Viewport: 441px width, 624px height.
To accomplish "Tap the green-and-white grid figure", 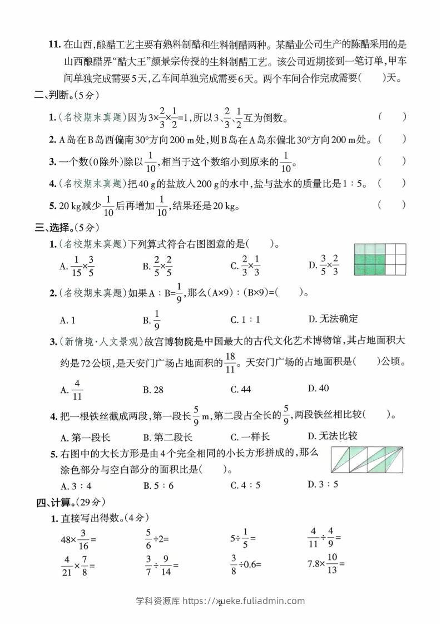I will coord(378,259).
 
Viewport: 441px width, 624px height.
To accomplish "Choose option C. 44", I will coord(240,390).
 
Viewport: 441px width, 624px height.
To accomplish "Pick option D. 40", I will coord(318,388).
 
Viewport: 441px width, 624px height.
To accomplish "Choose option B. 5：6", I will coord(158,485).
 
